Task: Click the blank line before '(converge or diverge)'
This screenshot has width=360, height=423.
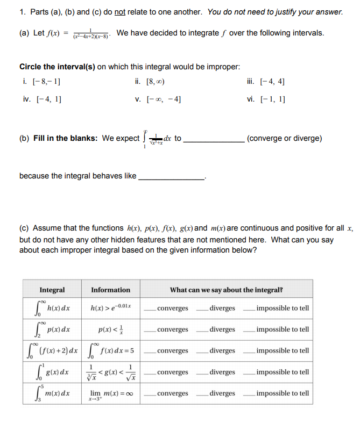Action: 214,140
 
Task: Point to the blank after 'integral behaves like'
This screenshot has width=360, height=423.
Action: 172,178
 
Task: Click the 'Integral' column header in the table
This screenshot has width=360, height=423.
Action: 52,290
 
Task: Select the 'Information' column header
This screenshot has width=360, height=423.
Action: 110,290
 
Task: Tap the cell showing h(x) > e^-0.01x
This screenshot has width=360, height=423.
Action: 110,308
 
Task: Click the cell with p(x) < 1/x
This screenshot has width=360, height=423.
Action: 110,329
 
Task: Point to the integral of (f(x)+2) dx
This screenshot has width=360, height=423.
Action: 52,350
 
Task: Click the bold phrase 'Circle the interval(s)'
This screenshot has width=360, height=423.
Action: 57,67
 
